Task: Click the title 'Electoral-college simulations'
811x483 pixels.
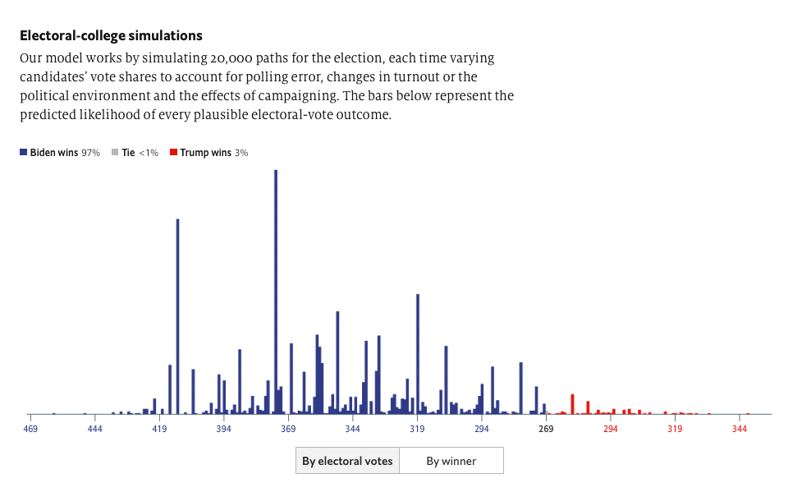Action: click(111, 36)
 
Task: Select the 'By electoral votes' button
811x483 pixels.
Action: click(347, 461)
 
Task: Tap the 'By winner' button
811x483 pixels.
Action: click(451, 461)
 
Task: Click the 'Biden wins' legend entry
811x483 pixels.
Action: click(54, 153)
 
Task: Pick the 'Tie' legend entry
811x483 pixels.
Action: click(127, 153)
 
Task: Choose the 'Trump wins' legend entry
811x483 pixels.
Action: click(204, 153)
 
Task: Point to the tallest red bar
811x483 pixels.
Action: click(572, 403)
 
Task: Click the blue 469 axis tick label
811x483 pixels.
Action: click(30, 429)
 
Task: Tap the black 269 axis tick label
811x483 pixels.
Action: click(546, 429)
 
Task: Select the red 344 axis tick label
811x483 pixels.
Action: click(740, 429)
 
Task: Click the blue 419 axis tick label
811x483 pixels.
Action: click(159, 429)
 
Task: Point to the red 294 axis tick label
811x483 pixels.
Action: click(610, 429)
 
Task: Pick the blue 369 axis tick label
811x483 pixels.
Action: click(288, 429)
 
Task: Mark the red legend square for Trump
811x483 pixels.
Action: click(173, 153)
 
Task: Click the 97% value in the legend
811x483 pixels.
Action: click(90, 153)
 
